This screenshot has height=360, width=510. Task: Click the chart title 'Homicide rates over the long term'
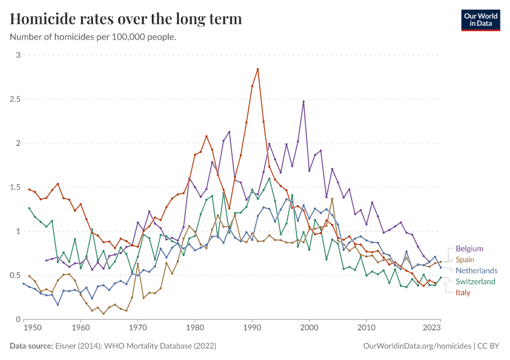click(126, 19)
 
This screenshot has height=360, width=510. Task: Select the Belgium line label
click(469, 248)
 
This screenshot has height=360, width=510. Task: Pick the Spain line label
click(465, 260)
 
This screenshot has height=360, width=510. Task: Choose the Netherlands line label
click(476, 271)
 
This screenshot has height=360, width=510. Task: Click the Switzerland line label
click(475, 281)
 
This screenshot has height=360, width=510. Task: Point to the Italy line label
click(463, 293)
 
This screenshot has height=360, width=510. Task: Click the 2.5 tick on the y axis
click(14, 99)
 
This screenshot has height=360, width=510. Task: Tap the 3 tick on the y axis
click(18, 55)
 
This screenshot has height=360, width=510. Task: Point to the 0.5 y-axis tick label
click(14, 275)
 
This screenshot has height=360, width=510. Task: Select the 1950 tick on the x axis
click(32, 328)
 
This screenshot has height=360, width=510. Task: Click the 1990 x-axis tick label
click(252, 328)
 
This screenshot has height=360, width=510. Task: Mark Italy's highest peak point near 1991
click(257, 69)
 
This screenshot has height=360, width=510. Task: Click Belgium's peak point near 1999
click(304, 101)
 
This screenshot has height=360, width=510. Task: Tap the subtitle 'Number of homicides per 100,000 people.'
click(93, 37)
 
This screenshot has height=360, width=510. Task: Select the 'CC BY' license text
click(489, 346)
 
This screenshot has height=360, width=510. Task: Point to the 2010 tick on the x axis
click(366, 328)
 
